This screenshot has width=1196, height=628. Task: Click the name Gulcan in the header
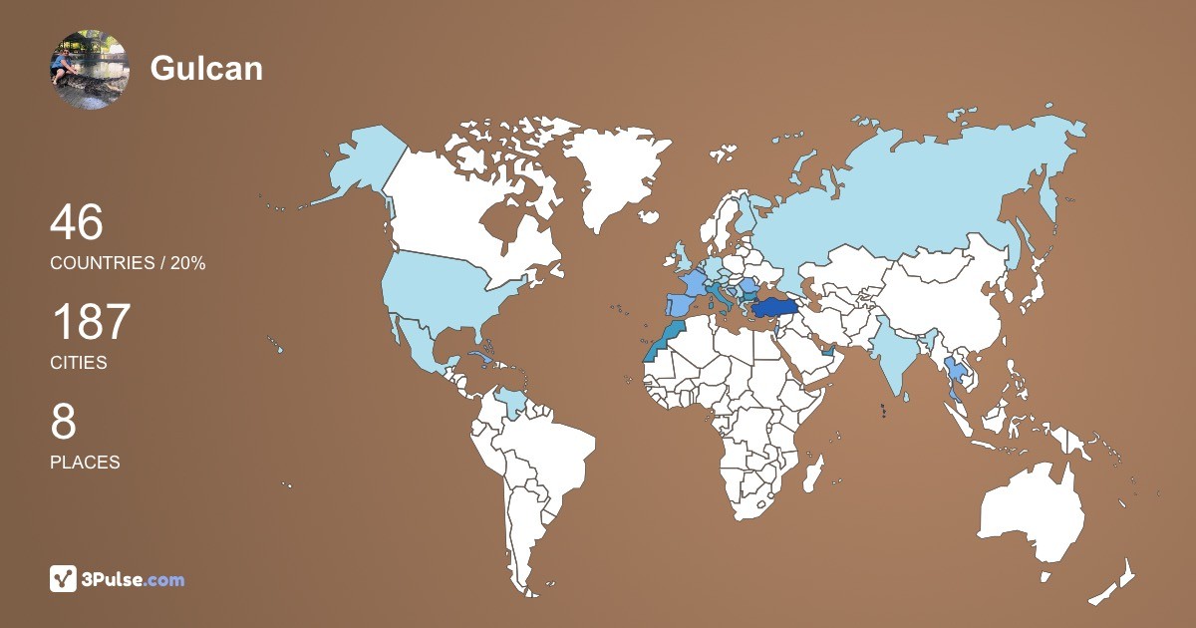click(206, 68)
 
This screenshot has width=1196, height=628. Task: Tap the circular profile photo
click(90, 69)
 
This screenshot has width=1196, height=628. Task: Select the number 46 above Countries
click(77, 222)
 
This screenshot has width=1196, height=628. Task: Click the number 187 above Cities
click(91, 322)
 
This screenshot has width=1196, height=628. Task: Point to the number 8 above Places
click(63, 422)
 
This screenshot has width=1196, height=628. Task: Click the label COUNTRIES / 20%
click(128, 263)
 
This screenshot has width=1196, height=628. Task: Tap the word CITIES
click(79, 363)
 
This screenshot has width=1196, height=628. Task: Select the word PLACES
click(85, 463)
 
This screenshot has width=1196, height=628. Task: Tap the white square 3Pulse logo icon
click(64, 579)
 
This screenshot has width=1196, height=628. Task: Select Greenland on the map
click(613, 169)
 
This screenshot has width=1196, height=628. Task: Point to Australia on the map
click(1032, 513)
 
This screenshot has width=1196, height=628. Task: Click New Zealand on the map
click(1116, 583)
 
